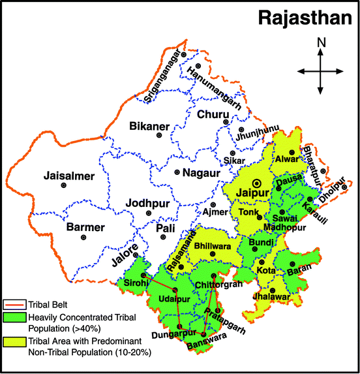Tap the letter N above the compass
(320, 43)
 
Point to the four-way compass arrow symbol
(320, 71)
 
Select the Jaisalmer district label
(48, 176)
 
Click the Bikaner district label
(149, 126)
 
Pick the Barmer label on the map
(85, 227)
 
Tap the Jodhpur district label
(148, 202)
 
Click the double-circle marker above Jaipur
(257, 183)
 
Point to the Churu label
(213, 115)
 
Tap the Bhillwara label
(213, 247)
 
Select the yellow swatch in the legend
(13, 341)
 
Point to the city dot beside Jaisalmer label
(63, 186)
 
